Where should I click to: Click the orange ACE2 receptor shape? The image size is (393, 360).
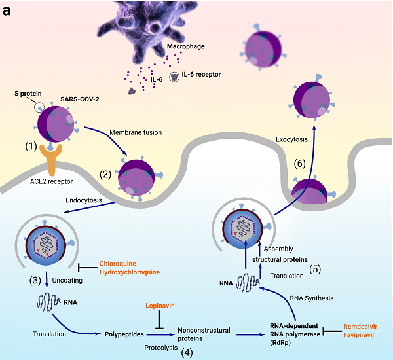56,157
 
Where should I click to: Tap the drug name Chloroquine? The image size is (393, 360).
120,264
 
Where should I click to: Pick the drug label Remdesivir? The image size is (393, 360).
361,325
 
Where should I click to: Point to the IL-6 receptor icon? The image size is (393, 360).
175,76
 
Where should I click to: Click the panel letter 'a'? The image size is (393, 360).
7,10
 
